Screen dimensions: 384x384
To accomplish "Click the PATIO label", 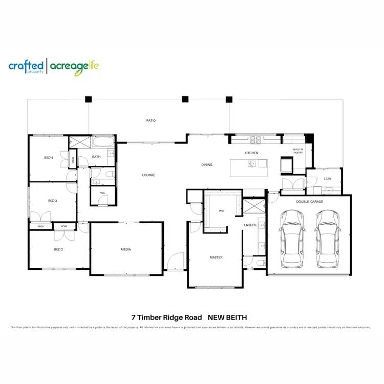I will (x=151, y=121).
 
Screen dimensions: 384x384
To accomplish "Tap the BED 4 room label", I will (x=49, y=158).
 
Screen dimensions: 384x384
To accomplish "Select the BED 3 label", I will (x=52, y=201).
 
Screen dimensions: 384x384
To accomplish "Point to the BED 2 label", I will (x=58, y=249).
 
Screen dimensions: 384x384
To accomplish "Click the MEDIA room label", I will (x=126, y=249).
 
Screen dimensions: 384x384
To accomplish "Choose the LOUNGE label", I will (x=148, y=175).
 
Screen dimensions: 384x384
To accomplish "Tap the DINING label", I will (x=206, y=164).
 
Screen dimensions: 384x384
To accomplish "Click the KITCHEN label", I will (x=251, y=153).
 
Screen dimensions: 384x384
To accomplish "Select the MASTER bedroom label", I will (x=216, y=257).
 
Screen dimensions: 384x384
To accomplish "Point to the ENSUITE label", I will (x=250, y=225).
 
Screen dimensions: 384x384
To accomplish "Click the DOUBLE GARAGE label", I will (x=309, y=202).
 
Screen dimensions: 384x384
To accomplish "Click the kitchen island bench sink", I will (x=252, y=164).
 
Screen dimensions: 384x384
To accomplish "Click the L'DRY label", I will (x=328, y=179).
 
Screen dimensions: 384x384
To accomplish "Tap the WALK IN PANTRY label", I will (x=298, y=151).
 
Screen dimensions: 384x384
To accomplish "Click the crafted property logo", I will (x=26, y=67).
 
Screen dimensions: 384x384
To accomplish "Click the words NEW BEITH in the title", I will (x=227, y=317).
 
